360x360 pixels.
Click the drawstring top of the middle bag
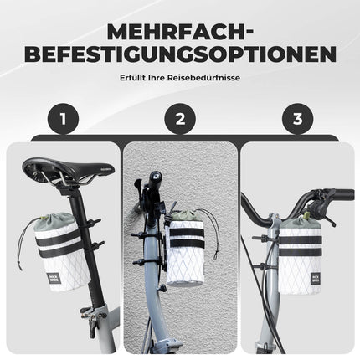[187, 216]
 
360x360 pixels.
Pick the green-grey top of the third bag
[300, 226]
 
